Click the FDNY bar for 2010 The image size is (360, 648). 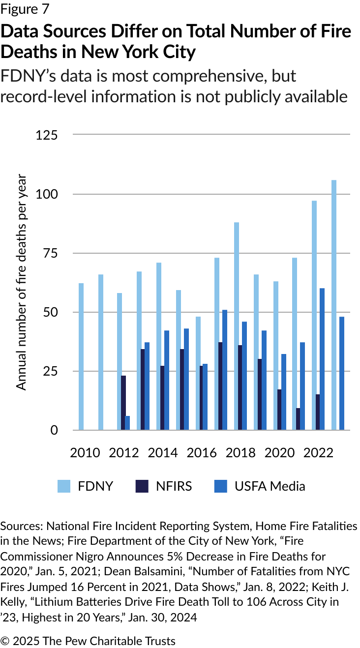pos(81,356)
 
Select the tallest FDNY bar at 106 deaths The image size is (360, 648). pos(334,305)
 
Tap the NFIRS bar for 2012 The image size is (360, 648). pos(123,403)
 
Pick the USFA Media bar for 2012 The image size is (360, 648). pos(128,423)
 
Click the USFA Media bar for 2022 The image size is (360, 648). pos(322,359)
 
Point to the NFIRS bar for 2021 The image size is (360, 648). pos(298,419)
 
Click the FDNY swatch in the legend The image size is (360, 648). pos(64,486)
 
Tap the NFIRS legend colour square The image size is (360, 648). pos(142,486)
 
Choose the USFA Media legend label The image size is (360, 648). pos(270,486)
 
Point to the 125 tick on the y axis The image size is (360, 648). pos(47,135)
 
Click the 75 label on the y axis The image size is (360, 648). pos(50,253)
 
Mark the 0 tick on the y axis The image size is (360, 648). pos(54,430)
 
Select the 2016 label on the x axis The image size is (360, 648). pos(202,452)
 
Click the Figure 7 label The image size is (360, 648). pos(25,9)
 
